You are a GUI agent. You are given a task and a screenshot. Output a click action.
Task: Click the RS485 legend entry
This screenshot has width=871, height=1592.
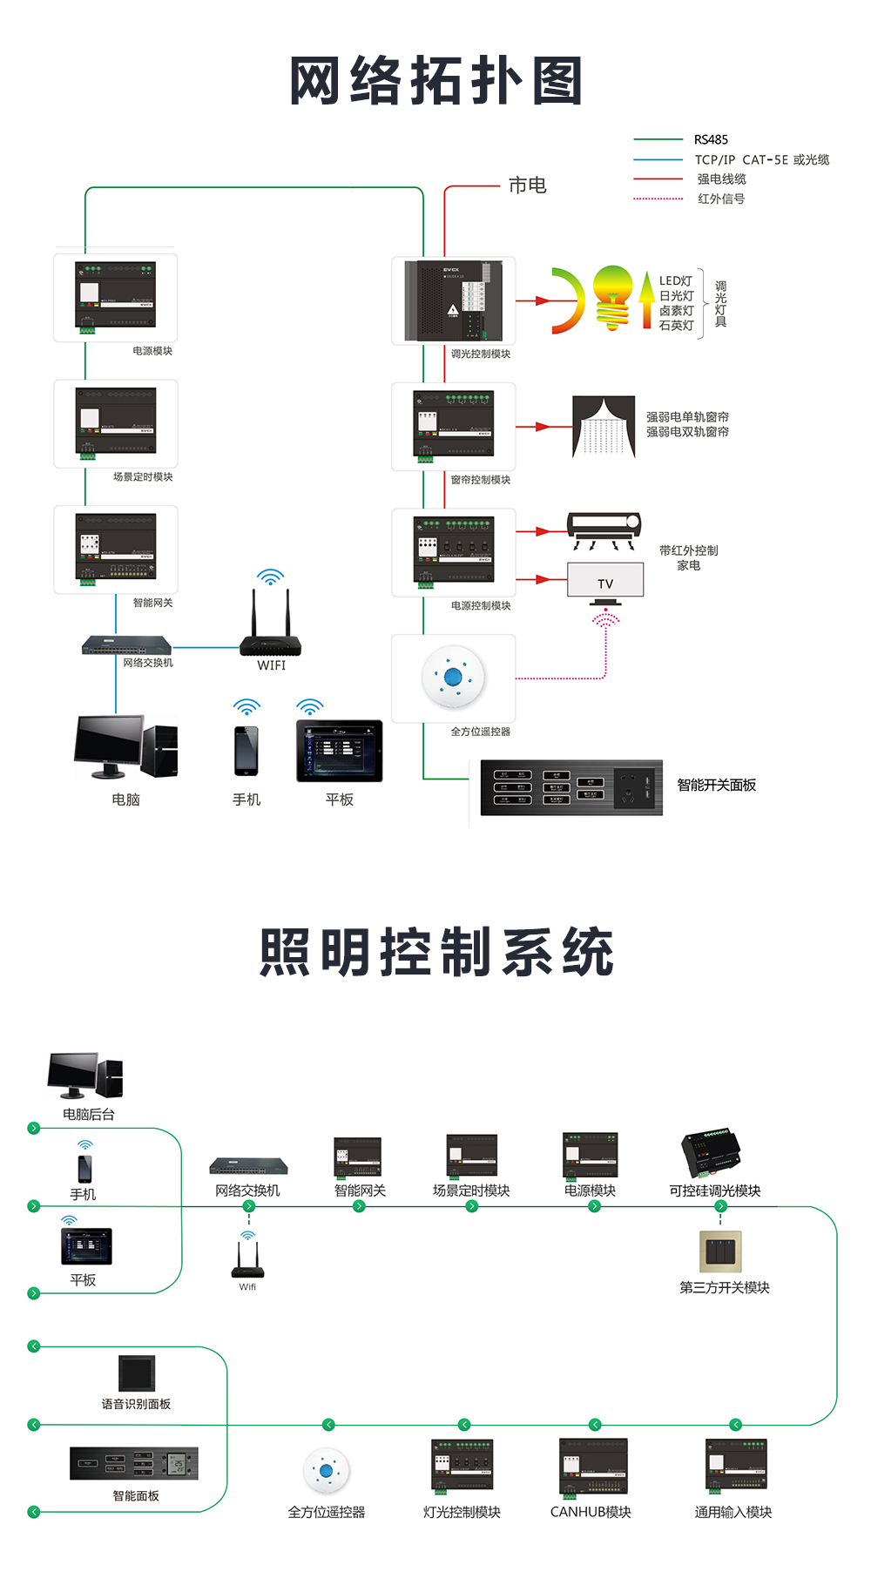(x=710, y=139)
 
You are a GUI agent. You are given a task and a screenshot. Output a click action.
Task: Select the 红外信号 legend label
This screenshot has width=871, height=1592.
(x=720, y=199)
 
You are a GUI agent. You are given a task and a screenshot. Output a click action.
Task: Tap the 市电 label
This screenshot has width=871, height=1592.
(x=527, y=186)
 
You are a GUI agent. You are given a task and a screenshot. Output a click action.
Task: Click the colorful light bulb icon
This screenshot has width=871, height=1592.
(x=612, y=297)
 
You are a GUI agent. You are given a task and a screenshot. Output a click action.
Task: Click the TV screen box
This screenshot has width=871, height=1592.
(x=605, y=580)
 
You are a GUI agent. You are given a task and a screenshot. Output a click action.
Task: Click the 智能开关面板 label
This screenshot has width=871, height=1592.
(x=716, y=785)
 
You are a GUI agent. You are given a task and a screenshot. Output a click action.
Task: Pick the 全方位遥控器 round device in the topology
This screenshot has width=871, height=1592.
(x=453, y=677)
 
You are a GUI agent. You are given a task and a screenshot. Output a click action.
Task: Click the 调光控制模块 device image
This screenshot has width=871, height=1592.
(x=454, y=300)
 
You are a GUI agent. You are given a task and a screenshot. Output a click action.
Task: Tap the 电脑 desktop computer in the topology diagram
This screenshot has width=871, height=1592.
(x=125, y=746)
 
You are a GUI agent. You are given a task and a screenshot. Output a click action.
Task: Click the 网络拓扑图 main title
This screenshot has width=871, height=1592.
(x=435, y=81)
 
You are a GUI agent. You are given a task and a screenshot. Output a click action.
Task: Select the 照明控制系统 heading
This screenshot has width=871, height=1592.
(x=435, y=952)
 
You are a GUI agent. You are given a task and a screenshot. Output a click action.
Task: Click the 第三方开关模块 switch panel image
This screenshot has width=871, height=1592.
(x=720, y=1251)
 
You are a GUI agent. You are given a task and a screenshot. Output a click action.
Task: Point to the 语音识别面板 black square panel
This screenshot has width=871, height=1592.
(x=137, y=1373)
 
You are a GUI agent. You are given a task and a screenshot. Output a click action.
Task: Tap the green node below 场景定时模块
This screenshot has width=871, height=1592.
(x=471, y=1206)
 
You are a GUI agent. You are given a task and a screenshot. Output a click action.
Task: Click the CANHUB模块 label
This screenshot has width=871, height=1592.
(x=591, y=1512)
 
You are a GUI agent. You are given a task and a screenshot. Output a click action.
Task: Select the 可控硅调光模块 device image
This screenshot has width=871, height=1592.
(x=712, y=1154)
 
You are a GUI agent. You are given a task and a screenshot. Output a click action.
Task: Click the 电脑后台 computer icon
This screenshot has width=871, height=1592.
(x=85, y=1075)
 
